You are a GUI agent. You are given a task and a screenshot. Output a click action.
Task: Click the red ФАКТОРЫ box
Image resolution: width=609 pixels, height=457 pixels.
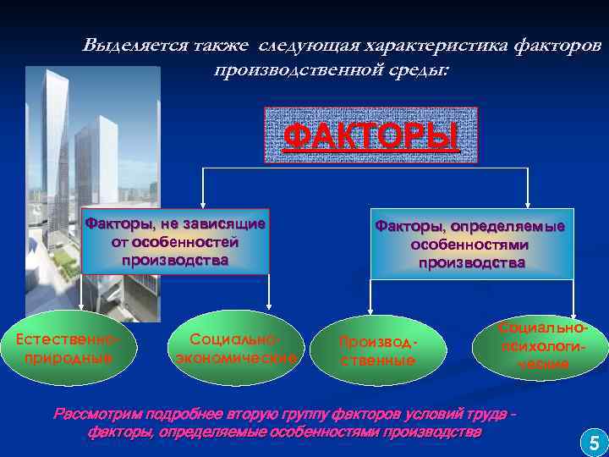(x=371, y=135)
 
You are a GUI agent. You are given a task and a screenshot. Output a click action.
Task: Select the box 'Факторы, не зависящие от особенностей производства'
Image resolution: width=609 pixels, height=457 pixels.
(x=175, y=241)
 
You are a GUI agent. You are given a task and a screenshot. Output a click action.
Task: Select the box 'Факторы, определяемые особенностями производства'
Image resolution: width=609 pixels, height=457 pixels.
(x=470, y=244)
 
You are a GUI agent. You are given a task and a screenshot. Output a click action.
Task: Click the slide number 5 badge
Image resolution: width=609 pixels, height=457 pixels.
(x=591, y=442)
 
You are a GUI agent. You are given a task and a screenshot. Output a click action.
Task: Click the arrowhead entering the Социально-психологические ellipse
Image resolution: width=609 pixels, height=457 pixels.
(x=573, y=310)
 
